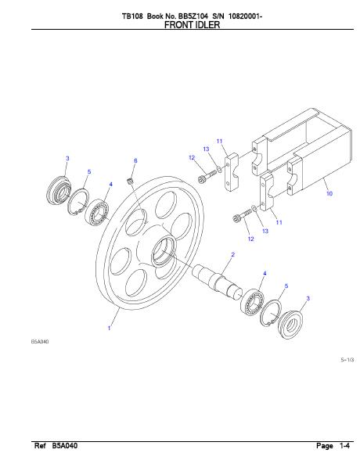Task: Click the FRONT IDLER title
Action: [x=192, y=25]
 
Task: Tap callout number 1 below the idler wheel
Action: [x=109, y=328]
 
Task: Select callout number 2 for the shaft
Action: [x=233, y=254]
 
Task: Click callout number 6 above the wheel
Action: [x=135, y=160]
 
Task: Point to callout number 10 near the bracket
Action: [x=329, y=193]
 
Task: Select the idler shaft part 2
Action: [x=218, y=282]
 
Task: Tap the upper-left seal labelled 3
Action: [x=59, y=190]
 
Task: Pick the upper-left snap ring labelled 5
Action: [x=77, y=202]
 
